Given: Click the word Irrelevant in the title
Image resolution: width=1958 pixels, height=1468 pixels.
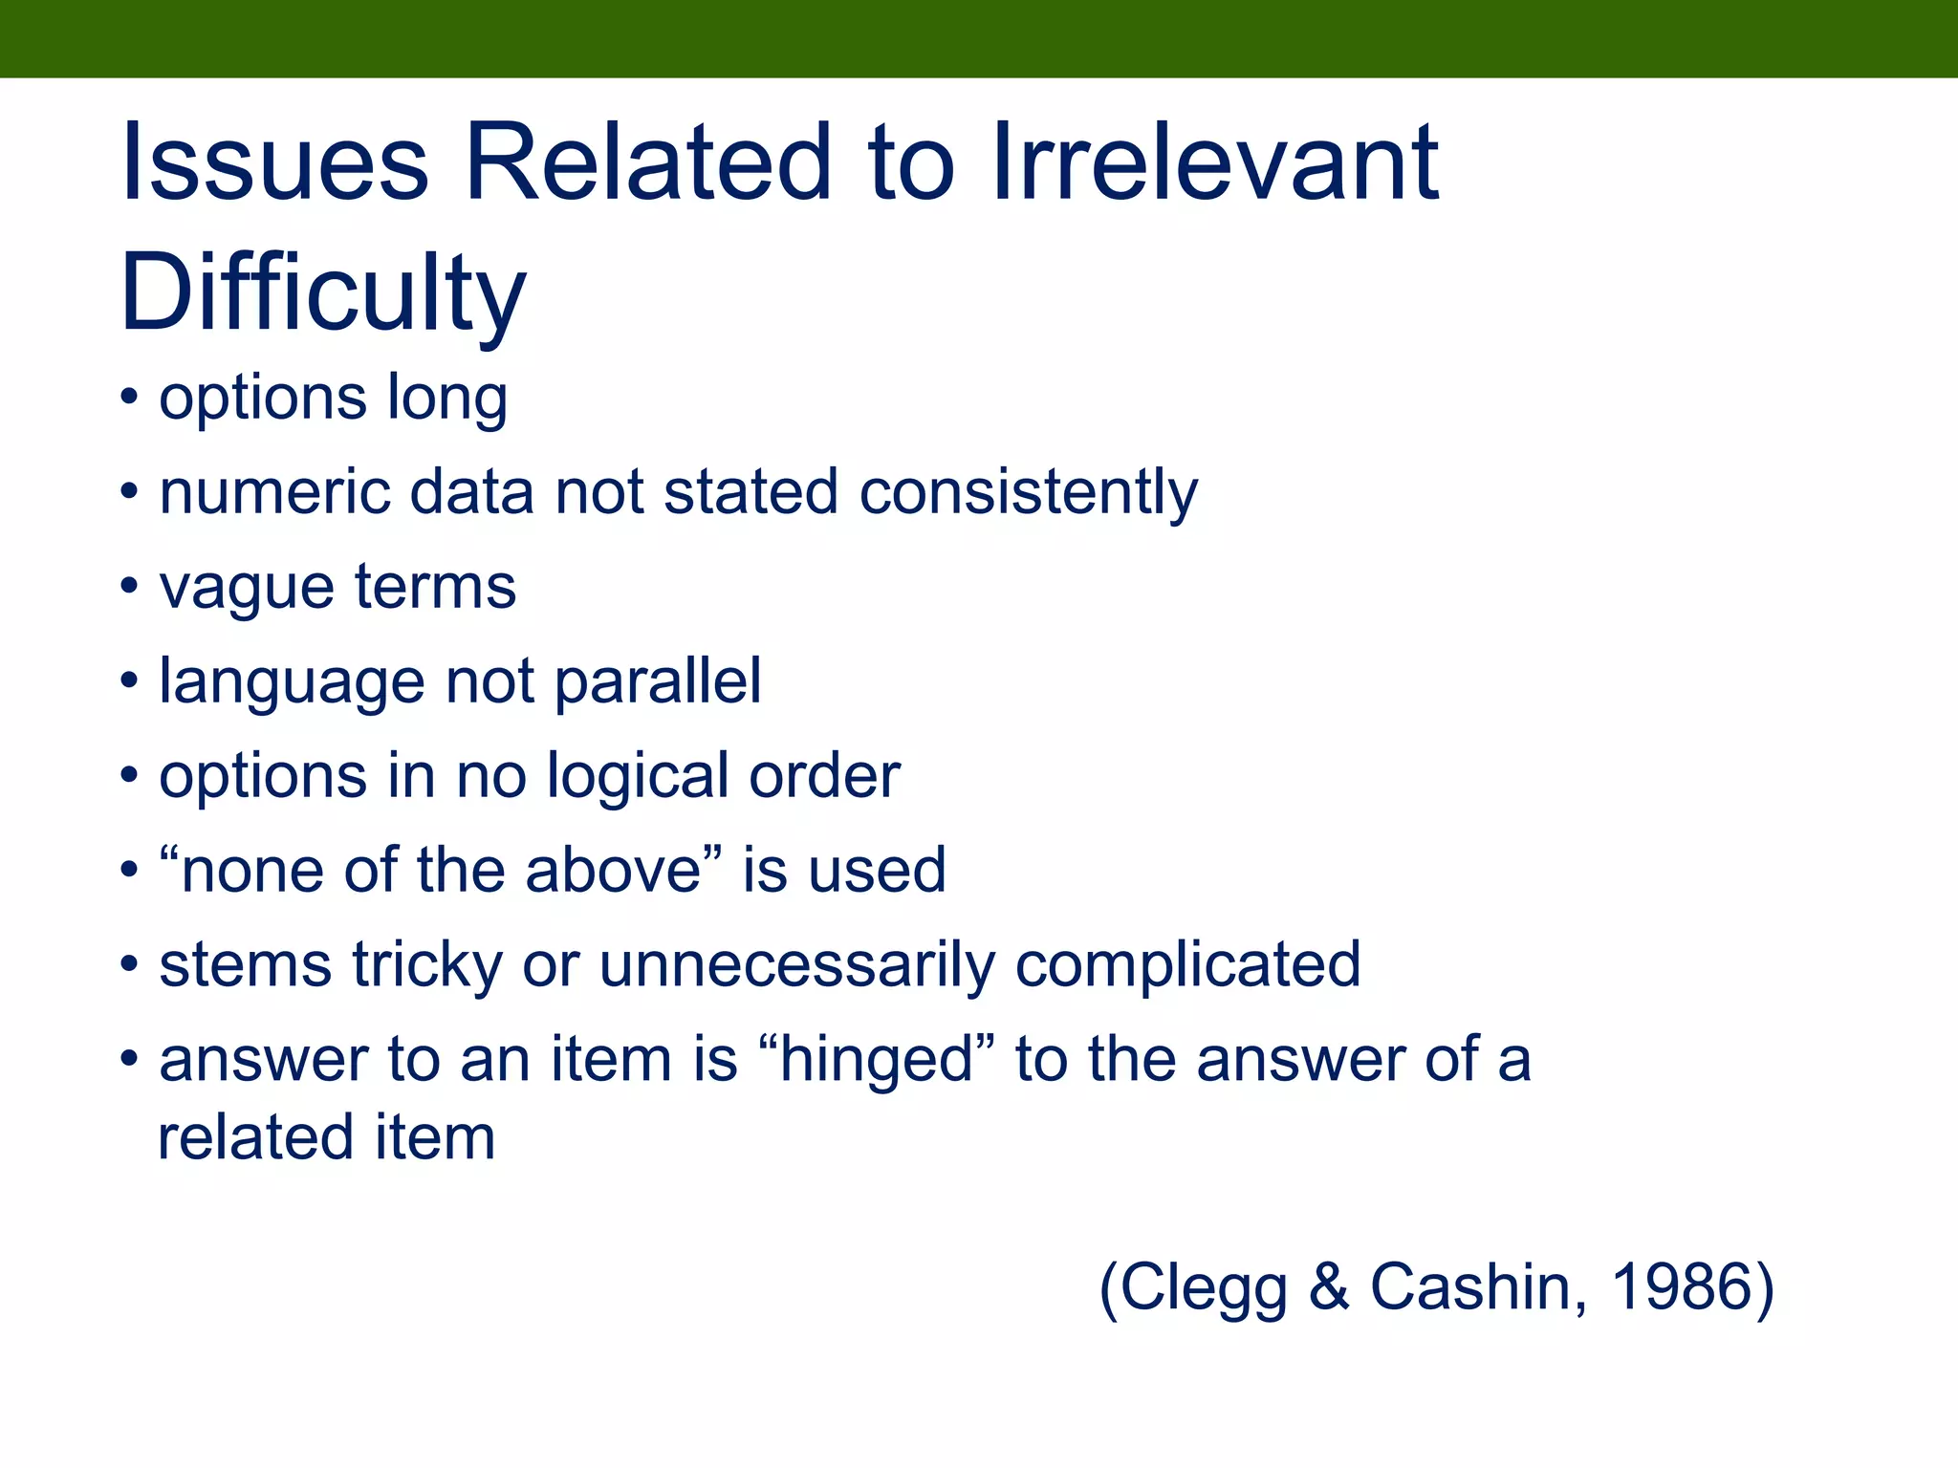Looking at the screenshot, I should [x=1215, y=162].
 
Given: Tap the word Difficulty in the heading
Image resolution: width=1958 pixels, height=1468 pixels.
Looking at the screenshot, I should [x=323, y=292].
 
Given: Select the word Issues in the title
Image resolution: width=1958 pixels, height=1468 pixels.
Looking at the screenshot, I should [x=274, y=162].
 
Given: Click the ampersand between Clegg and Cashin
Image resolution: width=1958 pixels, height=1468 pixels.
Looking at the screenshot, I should [x=1329, y=1286].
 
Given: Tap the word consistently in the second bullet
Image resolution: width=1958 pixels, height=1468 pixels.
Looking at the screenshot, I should [x=1028, y=493].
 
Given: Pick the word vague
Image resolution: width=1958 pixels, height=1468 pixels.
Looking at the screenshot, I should [x=246, y=589].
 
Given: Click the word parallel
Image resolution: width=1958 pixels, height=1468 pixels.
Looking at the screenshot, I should [x=658, y=682].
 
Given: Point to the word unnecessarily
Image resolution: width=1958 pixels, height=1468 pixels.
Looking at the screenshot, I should [x=796, y=965].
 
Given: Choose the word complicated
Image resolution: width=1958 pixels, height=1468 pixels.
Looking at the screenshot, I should [x=1187, y=965].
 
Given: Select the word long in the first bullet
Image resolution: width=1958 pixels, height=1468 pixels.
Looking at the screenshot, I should [x=446, y=399].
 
